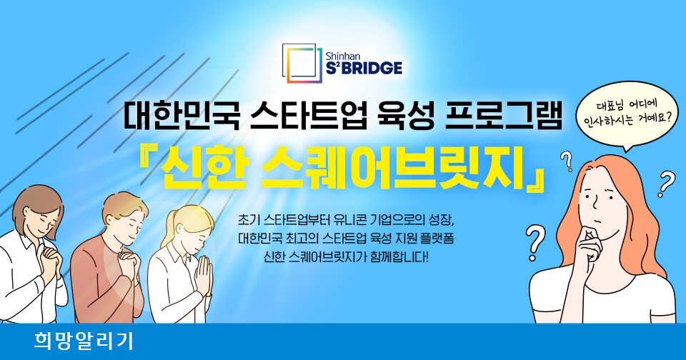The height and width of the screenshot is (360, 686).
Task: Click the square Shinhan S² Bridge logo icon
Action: pyautogui.click(x=302, y=64)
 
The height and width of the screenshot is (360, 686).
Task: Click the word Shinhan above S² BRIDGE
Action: pyautogui.click(x=342, y=56)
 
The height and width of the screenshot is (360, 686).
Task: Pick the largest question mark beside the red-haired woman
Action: pyautogui.click(x=535, y=243)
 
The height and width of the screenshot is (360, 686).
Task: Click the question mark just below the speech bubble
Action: pyautogui.click(x=567, y=161)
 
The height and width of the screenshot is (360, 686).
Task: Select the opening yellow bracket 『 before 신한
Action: pyautogui.click(x=147, y=161)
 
